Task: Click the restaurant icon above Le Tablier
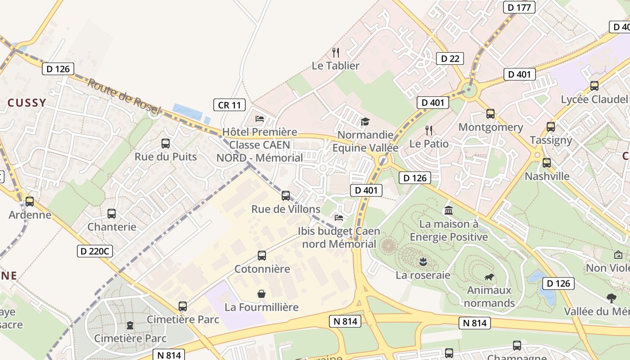pos(336,53)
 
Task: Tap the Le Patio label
pos(429,144)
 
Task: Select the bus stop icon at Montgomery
pos(490,114)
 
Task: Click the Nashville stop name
pos(547,176)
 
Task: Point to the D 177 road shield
pos(520,7)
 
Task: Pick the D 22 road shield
pos(450,58)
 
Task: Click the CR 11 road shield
pos(229,105)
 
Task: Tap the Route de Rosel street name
pos(124,96)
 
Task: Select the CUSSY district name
pos(27,103)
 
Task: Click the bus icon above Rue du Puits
pos(166,144)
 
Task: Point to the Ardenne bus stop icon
pos(30,202)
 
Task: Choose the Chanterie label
pos(112,227)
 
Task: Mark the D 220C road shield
pos(95,251)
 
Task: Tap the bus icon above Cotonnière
pos(262,256)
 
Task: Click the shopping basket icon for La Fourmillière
pos(261,294)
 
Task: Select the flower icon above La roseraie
pos(423,261)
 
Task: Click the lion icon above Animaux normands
pos(489,277)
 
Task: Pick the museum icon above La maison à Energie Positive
pos(449,210)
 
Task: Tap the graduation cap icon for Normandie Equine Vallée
pos(365,121)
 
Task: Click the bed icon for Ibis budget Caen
pos(339,218)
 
